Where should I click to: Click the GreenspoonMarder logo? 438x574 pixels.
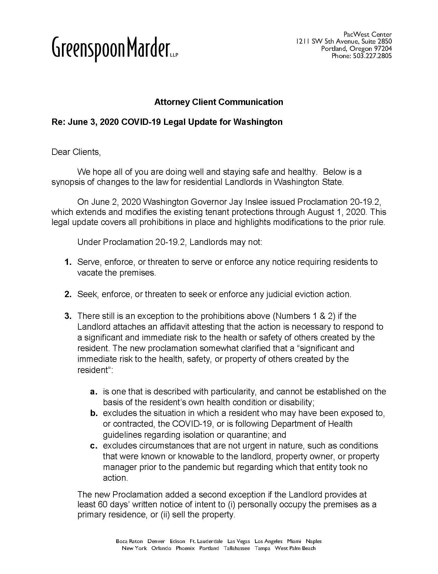click(x=115, y=48)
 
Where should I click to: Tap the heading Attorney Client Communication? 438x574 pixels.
click(x=218, y=102)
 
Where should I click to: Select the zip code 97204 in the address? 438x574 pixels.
click(x=383, y=49)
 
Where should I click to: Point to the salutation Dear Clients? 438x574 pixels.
click(x=76, y=152)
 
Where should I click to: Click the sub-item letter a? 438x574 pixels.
click(x=93, y=392)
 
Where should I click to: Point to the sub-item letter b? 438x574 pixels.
click(x=93, y=413)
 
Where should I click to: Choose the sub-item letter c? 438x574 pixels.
click(x=93, y=446)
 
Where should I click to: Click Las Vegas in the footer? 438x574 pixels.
click(x=239, y=541)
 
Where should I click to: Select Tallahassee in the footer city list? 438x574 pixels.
click(x=237, y=548)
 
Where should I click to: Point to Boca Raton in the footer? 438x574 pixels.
click(x=129, y=541)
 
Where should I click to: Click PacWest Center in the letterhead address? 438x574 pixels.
click(x=368, y=34)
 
